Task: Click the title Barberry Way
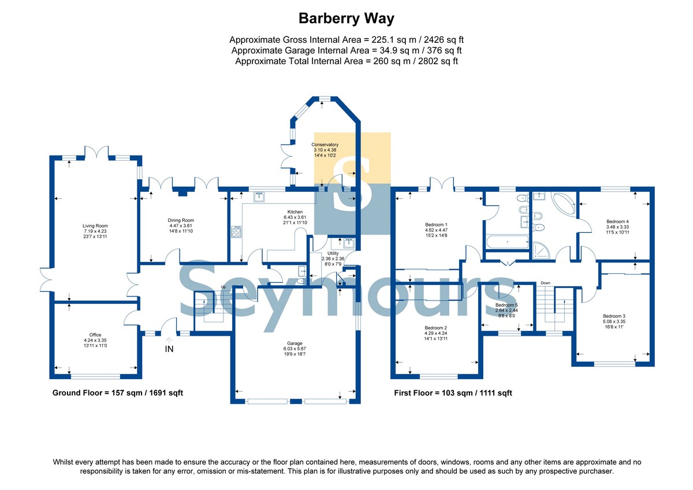tap(346, 18)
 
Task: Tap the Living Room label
tap(95, 226)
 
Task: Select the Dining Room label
tap(181, 220)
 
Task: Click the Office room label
tap(95, 335)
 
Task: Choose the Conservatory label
tap(325, 144)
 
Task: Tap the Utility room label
tap(333, 253)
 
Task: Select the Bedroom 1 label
tap(437, 224)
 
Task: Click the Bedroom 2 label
tap(436, 328)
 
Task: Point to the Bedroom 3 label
tap(614, 315)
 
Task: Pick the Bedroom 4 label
tap(617, 221)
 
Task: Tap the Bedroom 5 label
tap(506, 305)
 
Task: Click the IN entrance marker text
tap(169, 349)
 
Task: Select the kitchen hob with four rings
tap(237, 232)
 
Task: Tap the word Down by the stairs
tap(546, 283)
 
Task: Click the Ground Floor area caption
tap(118, 393)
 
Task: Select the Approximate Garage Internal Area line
tap(346, 51)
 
